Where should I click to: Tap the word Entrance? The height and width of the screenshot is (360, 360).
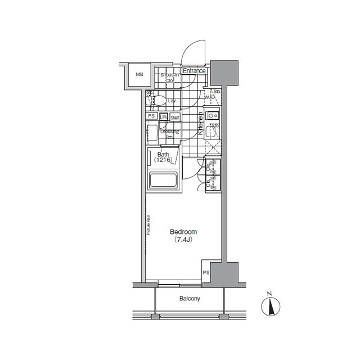194,71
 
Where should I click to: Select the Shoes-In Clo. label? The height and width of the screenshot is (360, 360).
169,78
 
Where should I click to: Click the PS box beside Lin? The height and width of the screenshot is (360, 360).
151,116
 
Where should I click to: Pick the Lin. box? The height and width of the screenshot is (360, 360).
164,117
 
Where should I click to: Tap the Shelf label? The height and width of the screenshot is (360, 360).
175,117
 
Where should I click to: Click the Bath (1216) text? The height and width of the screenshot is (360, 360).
163,157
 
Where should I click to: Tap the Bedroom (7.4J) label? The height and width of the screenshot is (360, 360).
183,235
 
